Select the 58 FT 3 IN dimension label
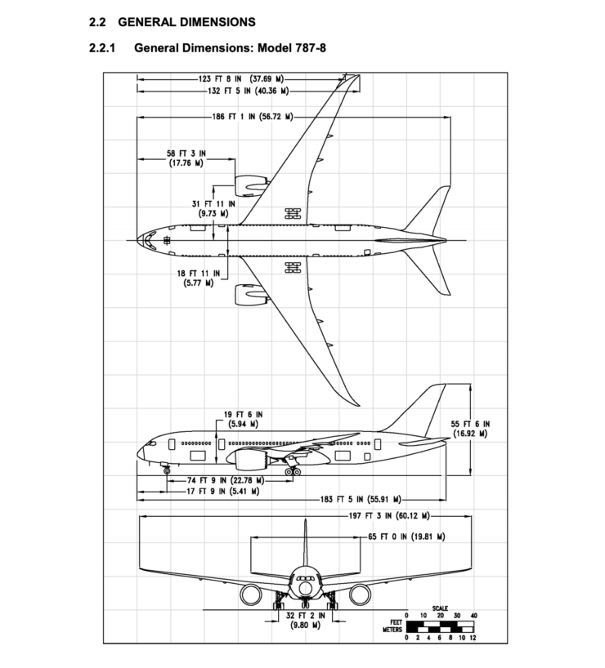(x=186, y=158)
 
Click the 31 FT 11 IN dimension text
(x=213, y=207)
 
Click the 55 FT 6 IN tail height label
(x=470, y=429)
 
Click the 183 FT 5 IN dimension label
(x=360, y=498)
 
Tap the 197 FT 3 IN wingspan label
(x=383, y=516)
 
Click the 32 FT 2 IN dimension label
(x=305, y=621)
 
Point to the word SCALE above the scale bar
(x=441, y=607)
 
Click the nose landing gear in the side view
(x=168, y=469)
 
